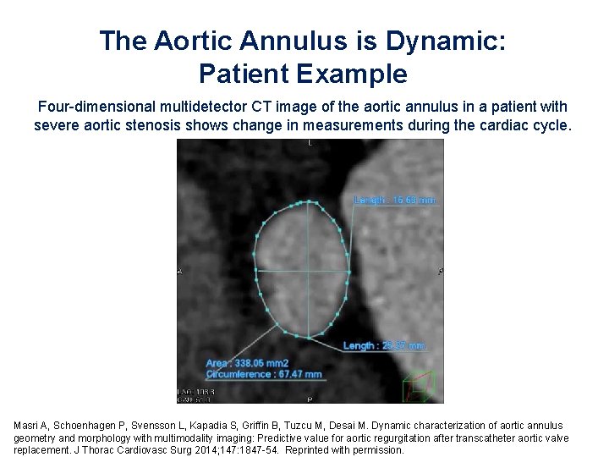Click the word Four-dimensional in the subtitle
tap(90, 107)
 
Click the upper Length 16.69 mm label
tap(394, 200)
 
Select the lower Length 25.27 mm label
tap(385, 345)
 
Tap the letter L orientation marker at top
tap(310, 145)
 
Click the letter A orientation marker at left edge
tap(180, 272)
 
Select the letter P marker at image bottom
tap(310, 398)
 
